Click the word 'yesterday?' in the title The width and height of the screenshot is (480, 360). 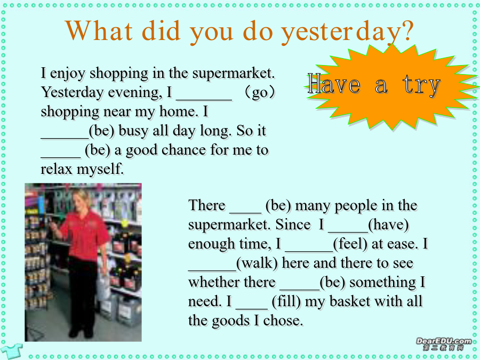(x=347, y=32)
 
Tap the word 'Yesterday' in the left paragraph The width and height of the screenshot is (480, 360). (x=72, y=92)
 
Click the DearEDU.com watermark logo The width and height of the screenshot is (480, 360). (x=444, y=344)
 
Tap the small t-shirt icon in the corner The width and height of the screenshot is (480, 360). (x=11, y=351)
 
